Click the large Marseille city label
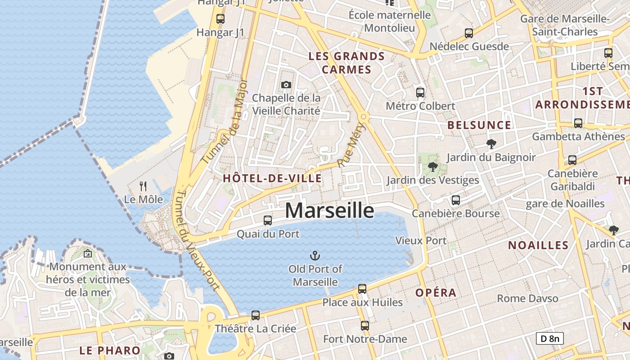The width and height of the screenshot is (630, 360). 329,210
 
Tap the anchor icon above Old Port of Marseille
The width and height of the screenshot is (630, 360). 315,256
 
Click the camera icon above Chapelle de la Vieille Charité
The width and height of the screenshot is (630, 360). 286,85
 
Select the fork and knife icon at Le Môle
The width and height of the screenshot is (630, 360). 143,185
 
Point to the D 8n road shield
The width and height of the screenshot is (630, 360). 549,338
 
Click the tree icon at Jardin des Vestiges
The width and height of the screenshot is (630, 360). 433,167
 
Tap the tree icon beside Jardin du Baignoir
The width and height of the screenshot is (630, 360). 491,144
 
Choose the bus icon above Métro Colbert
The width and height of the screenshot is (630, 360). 420,93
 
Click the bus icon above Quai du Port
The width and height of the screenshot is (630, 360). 268,220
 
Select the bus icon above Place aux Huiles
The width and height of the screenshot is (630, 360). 362,289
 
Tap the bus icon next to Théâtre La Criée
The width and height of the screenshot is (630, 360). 256,315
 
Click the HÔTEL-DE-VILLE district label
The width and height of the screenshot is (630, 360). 272,178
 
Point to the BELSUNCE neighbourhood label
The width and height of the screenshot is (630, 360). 479,125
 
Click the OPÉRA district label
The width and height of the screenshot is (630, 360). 436,292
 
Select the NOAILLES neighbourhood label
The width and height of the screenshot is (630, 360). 538,245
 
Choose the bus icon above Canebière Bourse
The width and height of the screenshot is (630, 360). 456,200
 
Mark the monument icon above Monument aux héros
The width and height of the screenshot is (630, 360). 88,254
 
